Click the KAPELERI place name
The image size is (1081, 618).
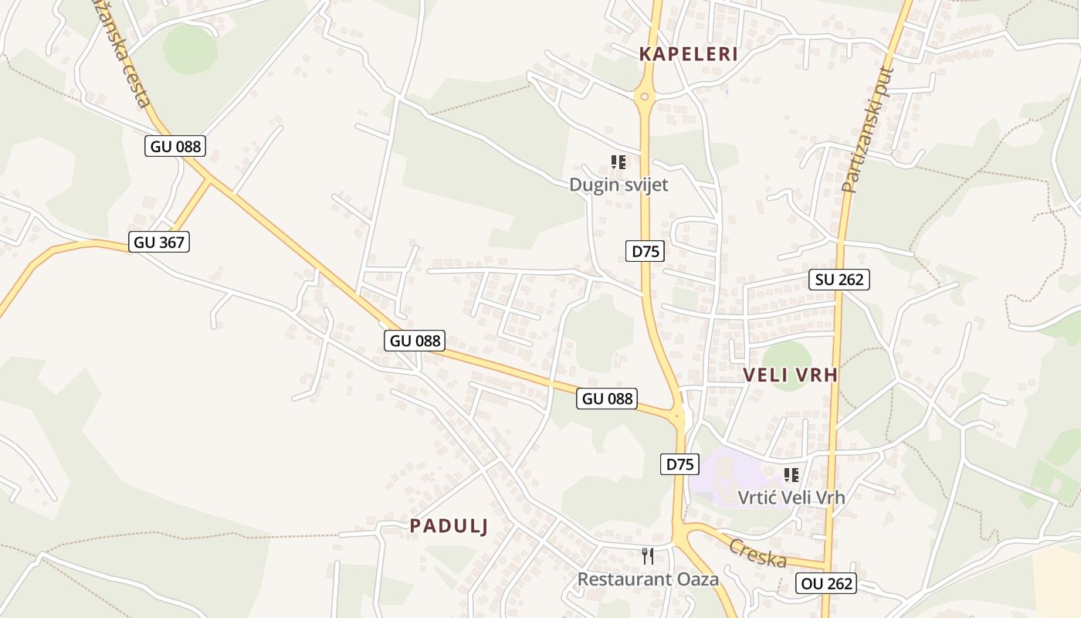tap(688, 54)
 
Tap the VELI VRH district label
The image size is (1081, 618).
tap(790, 375)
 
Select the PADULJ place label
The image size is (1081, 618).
tap(449, 526)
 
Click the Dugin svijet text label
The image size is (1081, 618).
tap(618, 185)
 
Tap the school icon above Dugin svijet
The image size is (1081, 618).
tap(618, 162)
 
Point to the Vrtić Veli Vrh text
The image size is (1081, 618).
tap(791, 497)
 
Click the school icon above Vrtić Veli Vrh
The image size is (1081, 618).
tap(791, 474)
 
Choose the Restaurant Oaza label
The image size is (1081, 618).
tap(648, 579)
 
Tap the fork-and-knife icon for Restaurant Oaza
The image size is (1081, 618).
tap(648, 555)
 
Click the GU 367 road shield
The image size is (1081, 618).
tap(159, 242)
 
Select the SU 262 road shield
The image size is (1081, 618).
tap(839, 280)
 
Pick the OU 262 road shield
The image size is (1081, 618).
tap(826, 583)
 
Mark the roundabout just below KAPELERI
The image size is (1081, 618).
tap(644, 97)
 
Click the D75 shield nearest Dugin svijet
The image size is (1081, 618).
tap(645, 251)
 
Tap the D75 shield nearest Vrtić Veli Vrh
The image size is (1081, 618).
tap(679, 464)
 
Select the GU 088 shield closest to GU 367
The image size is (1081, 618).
tap(175, 146)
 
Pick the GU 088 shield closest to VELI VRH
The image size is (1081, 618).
tap(607, 399)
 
